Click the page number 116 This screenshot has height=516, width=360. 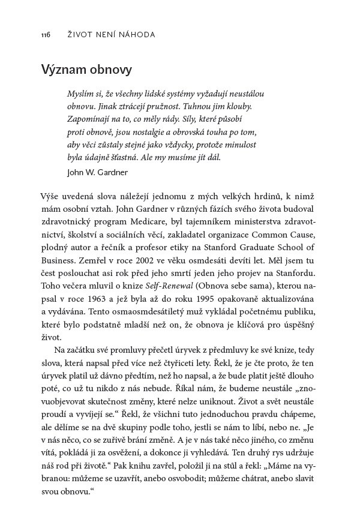[x=46, y=35]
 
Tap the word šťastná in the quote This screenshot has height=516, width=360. [x=128, y=158]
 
